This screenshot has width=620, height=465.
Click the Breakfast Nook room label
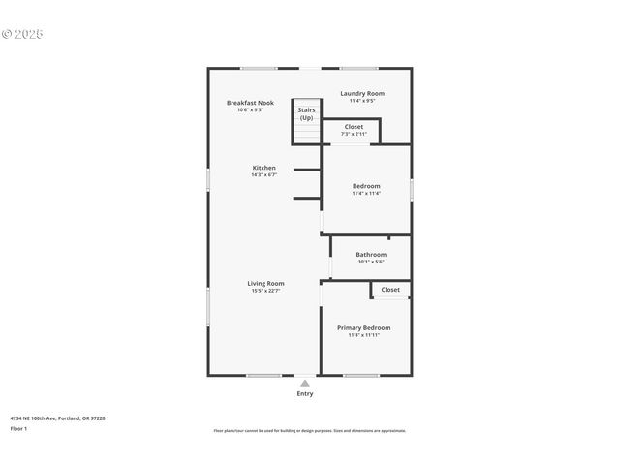pos(250,103)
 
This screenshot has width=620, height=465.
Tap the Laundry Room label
pos(362,93)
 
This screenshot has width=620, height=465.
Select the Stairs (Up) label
pos(306,114)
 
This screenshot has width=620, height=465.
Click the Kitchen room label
pos(264,168)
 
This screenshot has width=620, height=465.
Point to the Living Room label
pos(265,283)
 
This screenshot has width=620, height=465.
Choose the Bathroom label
pos(371,255)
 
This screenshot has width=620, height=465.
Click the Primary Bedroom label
pos(363,328)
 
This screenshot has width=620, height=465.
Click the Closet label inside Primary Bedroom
pos(390,290)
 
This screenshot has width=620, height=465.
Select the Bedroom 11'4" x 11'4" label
pos(366,186)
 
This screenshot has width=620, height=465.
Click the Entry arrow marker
pos(305,383)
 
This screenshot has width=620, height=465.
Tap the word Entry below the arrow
pos(305,394)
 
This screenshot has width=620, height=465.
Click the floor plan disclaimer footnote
pos(309,431)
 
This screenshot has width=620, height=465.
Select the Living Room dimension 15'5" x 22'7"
pos(265,291)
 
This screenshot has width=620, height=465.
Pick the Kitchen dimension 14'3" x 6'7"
pos(264,175)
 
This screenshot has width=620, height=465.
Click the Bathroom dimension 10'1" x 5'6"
pos(371,262)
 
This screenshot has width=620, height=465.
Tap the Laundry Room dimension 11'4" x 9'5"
pos(362,101)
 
